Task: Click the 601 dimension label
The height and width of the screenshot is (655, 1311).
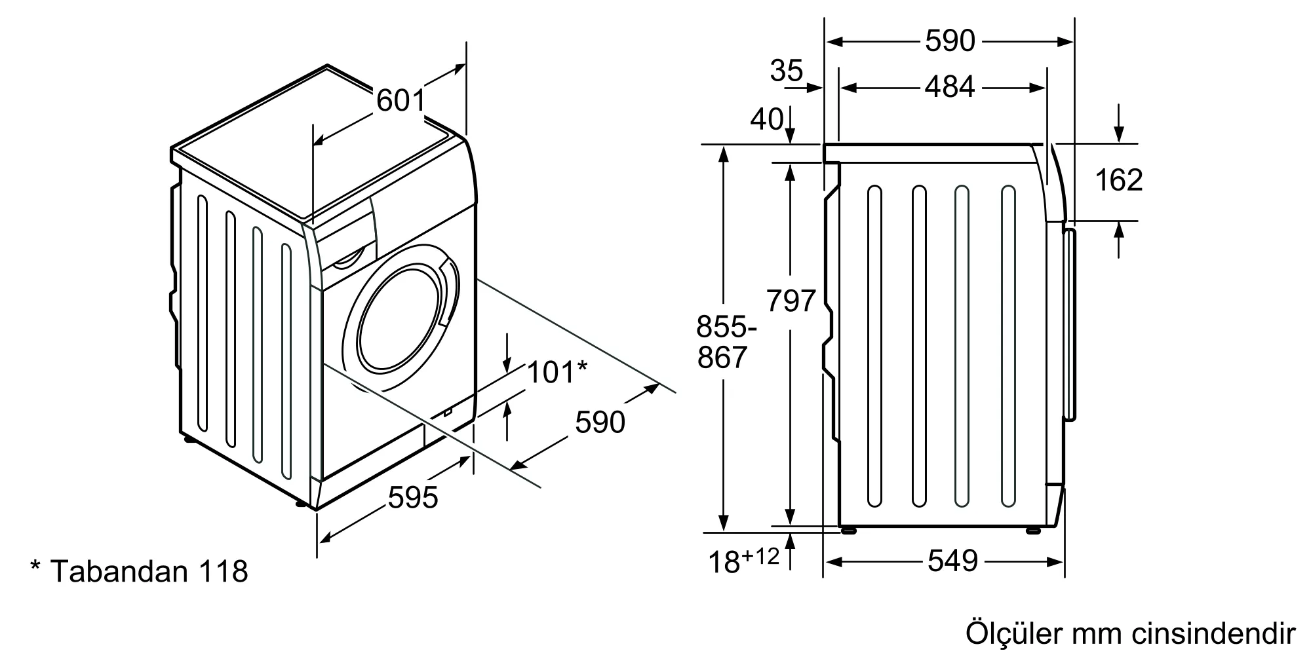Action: pyautogui.click(x=401, y=101)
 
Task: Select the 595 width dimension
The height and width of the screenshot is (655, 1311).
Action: pyautogui.click(x=413, y=498)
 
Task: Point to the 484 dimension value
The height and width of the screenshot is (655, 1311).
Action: pyautogui.click(x=950, y=87)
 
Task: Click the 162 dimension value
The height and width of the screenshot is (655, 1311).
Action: pyautogui.click(x=1119, y=180)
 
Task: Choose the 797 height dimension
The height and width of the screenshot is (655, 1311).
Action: pyautogui.click(x=791, y=301)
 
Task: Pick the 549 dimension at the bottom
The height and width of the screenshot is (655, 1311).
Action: pyautogui.click(x=952, y=561)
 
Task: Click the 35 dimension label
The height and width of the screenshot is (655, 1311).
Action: pyautogui.click(x=787, y=71)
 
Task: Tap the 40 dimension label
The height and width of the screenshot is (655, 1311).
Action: pyautogui.click(x=767, y=119)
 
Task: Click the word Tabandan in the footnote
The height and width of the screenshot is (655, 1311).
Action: pyautogui.click(x=119, y=572)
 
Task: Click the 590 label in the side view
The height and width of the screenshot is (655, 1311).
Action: pyautogui.click(x=950, y=42)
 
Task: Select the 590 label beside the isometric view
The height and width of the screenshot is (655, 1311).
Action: pyautogui.click(x=600, y=422)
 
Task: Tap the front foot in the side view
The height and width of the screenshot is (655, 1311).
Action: pyautogui.click(x=1033, y=530)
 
